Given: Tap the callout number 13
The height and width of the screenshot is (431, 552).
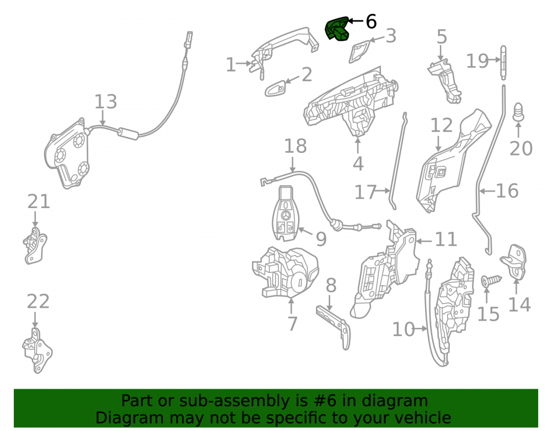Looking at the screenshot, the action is pos(105,102).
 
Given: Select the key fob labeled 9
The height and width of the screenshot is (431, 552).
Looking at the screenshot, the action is pos(285,214).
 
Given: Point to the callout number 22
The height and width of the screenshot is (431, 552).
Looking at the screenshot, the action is pos(39,301).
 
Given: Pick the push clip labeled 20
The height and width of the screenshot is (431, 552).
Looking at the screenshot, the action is pos(518,112).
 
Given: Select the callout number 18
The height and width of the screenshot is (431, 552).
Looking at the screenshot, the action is pos(295,146).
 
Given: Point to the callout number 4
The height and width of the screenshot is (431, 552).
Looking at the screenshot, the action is pos(358,163).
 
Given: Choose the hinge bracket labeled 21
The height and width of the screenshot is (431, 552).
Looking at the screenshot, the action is pos(35,246).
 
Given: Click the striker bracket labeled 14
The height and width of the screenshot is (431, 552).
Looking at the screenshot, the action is pos(514,262).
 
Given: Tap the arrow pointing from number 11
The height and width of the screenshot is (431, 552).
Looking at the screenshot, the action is pos(424,241).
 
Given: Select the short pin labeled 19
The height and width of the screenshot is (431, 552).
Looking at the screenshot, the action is pos(503,62).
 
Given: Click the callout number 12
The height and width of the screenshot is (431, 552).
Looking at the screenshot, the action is pos(442,125).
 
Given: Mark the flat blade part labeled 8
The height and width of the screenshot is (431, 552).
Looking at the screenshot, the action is pos(333,326).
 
